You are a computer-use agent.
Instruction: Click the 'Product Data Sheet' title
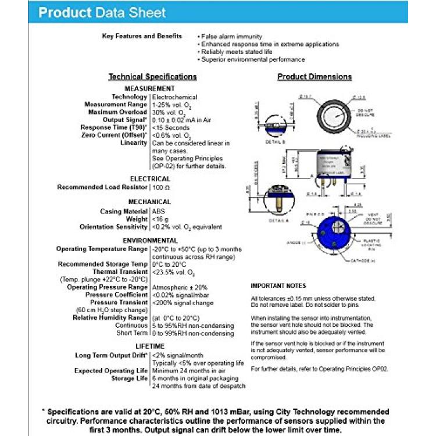tap(102, 13)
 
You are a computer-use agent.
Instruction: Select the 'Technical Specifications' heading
tap(153, 77)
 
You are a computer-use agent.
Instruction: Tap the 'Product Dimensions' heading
tap(315, 77)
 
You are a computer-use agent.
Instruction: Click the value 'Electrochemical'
tap(174, 97)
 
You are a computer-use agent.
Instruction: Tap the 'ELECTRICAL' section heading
tap(150, 179)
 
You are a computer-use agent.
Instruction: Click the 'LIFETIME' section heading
tap(150, 346)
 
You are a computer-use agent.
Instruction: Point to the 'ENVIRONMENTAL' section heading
tap(150, 240)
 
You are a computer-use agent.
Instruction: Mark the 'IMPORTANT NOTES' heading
tap(278, 286)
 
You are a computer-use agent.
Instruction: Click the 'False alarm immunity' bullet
tap(231, 36)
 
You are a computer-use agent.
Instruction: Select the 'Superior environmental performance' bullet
tap(253, 59)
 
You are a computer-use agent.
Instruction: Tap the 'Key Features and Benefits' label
tap(142, 36)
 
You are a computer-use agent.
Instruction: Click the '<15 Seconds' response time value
tap(171, 127)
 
